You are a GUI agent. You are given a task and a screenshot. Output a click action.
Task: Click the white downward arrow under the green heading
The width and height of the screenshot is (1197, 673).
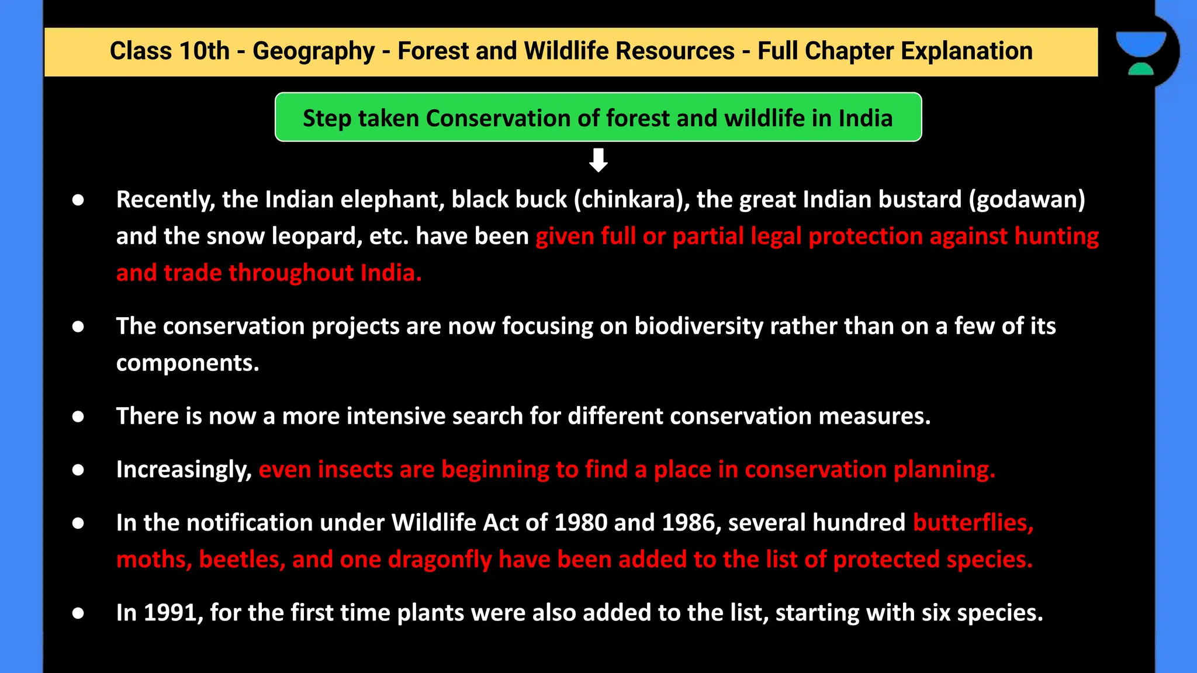click(598, 160)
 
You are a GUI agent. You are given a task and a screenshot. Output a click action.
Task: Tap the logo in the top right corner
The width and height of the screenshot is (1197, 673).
click(1141, 53)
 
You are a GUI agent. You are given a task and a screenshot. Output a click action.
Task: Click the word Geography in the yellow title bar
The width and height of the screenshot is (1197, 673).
click(313, 51)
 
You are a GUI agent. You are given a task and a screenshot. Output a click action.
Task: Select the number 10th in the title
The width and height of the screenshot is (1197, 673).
click(204, 51)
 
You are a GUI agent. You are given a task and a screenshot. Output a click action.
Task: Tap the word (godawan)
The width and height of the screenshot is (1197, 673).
click(1027, 200)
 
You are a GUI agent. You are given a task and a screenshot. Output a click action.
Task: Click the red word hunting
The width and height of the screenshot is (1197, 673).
click(1057, 237)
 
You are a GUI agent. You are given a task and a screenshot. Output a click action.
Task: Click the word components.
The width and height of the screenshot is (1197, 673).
click(187, 363)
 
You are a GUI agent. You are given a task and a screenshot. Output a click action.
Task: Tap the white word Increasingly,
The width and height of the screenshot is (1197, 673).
click(184, 470)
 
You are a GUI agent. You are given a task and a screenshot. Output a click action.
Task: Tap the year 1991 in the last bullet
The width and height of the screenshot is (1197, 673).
click(169, 613)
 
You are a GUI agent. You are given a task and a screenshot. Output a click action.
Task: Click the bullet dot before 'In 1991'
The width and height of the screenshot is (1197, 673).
click(78, 613)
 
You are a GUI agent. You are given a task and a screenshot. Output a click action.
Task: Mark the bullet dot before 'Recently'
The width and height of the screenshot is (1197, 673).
click(78, 200)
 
